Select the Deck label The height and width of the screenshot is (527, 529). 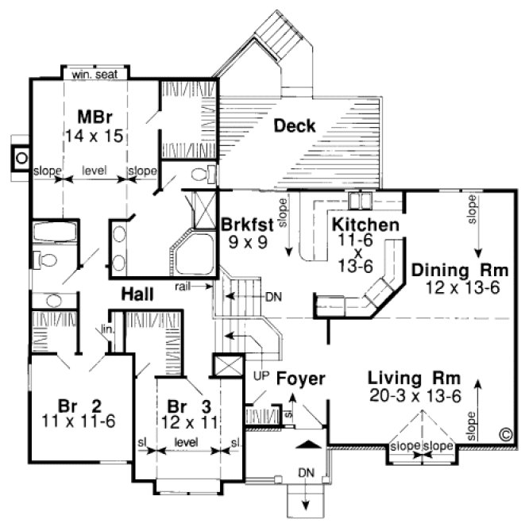[295, 125]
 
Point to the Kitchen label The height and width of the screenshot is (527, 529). [365, 225]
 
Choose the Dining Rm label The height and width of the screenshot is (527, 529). [460, 270]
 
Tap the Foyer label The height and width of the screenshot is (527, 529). [300, 380]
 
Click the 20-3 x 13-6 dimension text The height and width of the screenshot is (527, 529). [415, 396]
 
